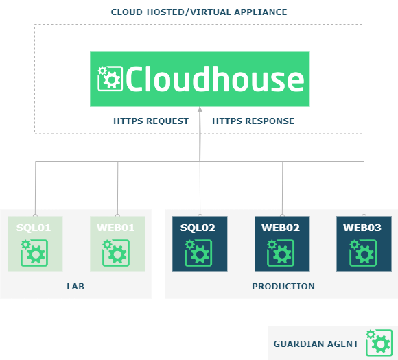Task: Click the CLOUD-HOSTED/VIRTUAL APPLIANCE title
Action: tap(199, 12)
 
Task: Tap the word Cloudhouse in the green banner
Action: tap(215, 79)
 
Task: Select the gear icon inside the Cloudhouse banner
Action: tap(110, 78)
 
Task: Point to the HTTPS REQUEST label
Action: tap(151, 121)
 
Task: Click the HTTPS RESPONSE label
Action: tap(253, 121)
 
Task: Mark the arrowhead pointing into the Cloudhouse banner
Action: tap(200, 110)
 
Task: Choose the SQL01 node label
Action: tap(34, 228)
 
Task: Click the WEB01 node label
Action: tap(116, 228)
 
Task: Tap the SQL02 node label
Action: tap(198, 228)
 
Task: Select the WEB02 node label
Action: tap(281, 228)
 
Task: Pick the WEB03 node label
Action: tap(362, 228)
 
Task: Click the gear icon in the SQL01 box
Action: tap(34, 253)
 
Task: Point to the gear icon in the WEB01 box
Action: tap(116, 253)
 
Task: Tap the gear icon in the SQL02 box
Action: tap(198, 253)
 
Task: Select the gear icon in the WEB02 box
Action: tap(281, 253)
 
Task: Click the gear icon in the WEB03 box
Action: tap(363, 253)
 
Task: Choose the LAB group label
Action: tap(75, 286)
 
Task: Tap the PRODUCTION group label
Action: tap(283, 286)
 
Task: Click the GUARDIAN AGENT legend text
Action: tap(316, 344)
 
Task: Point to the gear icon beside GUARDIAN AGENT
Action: tap(379, 342)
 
